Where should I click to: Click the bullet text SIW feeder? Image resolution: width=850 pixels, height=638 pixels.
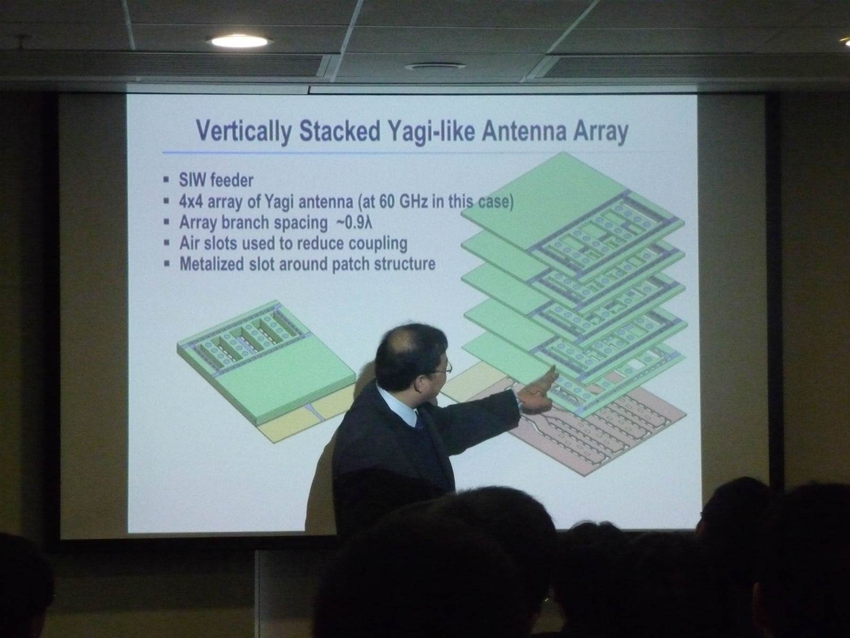pos(216,180)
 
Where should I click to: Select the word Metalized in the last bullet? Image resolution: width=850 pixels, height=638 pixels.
pos(211,264)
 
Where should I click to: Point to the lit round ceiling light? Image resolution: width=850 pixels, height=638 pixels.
pos(239,41)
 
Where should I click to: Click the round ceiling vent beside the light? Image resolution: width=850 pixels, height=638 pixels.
pos(435,66)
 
